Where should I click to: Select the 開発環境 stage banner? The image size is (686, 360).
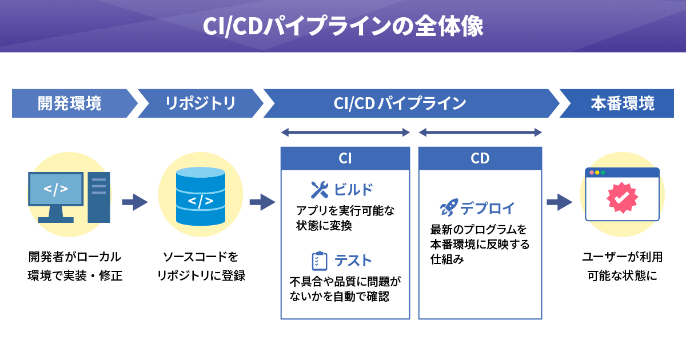point(70,103)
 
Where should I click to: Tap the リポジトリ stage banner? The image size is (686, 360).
point(200,103)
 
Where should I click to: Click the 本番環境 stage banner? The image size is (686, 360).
point(622,103)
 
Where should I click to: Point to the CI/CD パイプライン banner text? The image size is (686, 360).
point(400,103)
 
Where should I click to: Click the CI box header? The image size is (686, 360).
point(345,158)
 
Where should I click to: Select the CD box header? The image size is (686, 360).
point(480,158)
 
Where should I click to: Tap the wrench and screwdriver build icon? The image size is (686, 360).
point(319,189)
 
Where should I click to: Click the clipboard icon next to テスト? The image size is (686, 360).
point(319,261)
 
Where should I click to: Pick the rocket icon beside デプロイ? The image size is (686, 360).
point(448,208)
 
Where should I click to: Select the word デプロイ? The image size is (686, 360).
point(488,208)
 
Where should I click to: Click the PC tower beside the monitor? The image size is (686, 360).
point(98,197)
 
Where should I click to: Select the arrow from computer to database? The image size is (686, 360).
point(134,202)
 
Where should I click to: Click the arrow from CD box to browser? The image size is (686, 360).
point(559,202)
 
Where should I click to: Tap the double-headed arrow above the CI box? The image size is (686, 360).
point(345,133)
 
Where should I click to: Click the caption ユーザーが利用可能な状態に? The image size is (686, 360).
point(622,266)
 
